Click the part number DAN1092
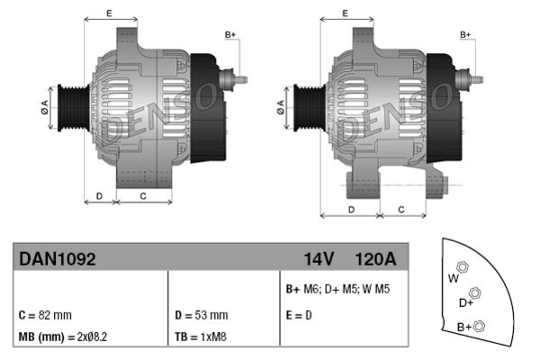(x=58, y=258)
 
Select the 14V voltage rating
(x=319, y=259)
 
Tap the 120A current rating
(x=375, y=259)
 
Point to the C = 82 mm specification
(x=45, y=315)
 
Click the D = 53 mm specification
(x=202, y=315)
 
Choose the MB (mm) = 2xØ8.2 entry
(x=63, y=337)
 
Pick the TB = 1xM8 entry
(x=201, y=337)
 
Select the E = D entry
(x=299, y=315)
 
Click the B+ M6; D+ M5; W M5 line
(x=337, y=289)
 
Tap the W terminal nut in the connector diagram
(x=462, y=267)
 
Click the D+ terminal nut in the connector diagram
(x=475, y=293)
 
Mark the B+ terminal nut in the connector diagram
(x=479, y=326)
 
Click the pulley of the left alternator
(x=74, y=107)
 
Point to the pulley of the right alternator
(x=310, y=107)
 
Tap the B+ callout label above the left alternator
(x=230, y=35)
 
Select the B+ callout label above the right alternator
(x=465, y=35)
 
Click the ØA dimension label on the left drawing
(x=45, y=107)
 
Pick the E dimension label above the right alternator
(x=345, y=13)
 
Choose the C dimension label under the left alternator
(x=143, y=196)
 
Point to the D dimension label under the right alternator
(x=351, y=210)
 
